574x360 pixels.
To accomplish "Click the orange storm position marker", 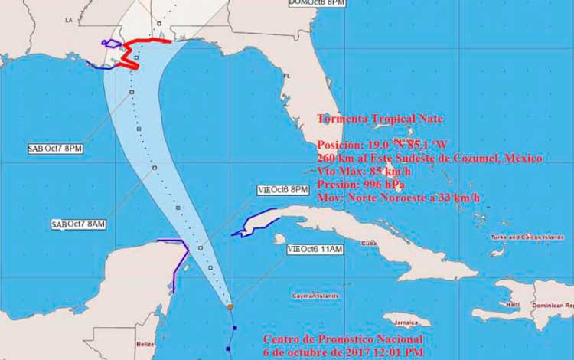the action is point(230,307).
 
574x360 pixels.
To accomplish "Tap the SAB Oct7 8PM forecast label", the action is point(54,149).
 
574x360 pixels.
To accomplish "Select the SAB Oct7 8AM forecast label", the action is point(77,224).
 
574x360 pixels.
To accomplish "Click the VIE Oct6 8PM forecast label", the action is point(283,190).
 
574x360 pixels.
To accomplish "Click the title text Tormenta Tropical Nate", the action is point(380,119).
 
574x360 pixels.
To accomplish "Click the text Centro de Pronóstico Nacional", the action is point(341,339).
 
